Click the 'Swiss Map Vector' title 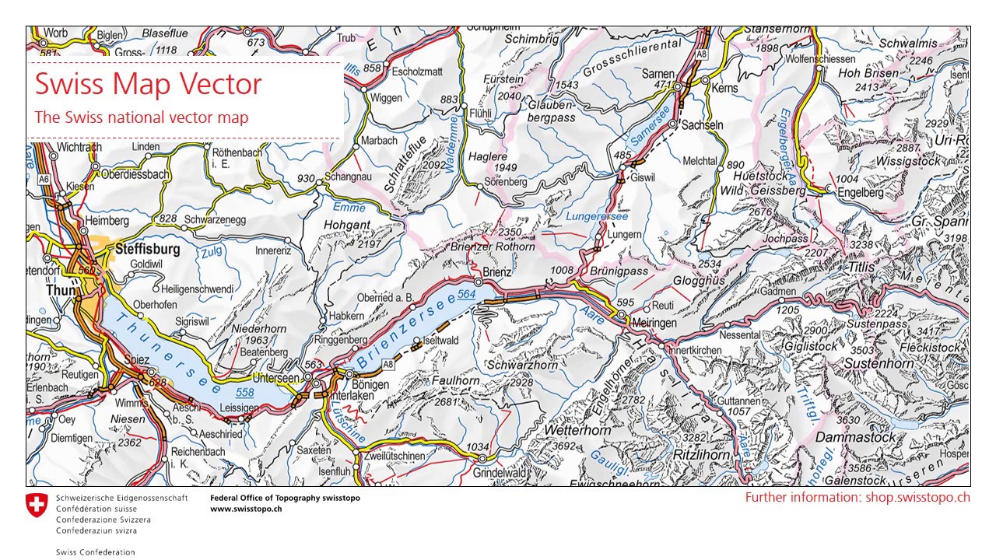point(148,84)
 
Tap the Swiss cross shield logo point(37,505)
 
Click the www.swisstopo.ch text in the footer point(246,509)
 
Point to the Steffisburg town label point(147,250)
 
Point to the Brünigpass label point(619,271)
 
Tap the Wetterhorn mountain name point(577,430)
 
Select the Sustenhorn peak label point(879,363)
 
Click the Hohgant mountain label point(347,225)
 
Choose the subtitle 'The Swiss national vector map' point(142,117)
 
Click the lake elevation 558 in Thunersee point(245,393)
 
